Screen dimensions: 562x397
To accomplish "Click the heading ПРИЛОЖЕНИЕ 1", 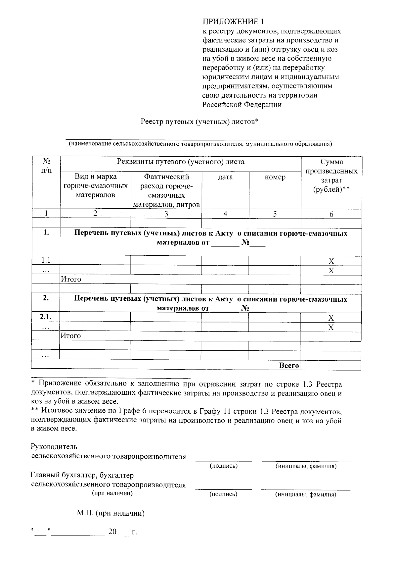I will [234, 22].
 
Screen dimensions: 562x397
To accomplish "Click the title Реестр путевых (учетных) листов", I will [199, 122].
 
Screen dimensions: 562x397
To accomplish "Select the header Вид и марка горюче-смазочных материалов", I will [95, 186].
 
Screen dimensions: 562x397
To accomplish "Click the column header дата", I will [225, 177].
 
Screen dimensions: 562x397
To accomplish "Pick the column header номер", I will [275, 177].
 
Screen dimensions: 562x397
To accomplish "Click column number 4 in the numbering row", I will [225, 214].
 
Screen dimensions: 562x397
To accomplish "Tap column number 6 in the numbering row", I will [331, 214].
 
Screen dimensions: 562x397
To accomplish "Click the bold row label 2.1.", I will [46, 317].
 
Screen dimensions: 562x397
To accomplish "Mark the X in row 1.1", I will [331, 261].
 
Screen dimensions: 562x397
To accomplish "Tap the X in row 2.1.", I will [331, 318].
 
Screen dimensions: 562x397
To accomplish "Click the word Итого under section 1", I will [71, 279].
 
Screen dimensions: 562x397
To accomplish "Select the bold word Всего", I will [289, 365].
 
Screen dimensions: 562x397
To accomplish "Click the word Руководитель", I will [54, 447].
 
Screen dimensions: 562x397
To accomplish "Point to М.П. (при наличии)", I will [111, 514].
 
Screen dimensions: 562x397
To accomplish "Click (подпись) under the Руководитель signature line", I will [224, 466].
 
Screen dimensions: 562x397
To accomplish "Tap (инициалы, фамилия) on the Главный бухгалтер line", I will [306, 494].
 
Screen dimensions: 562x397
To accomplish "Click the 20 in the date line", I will [112, 532].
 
